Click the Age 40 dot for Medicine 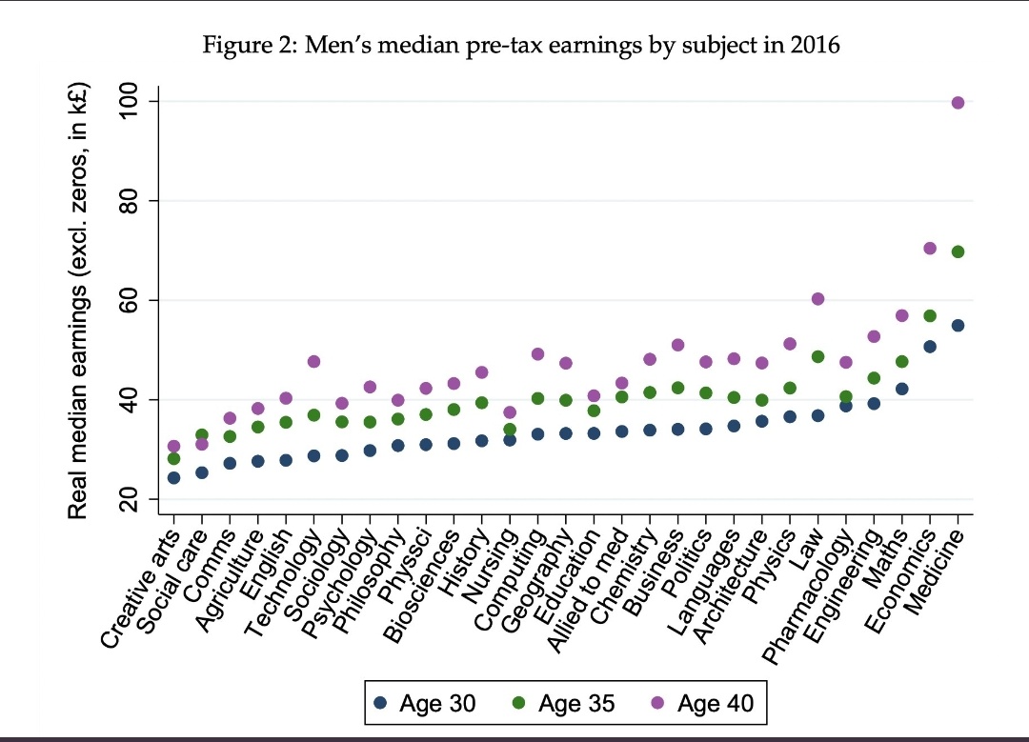[x=958, y=103]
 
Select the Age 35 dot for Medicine [x=958, y=251]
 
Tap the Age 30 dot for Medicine [x=958, y=325]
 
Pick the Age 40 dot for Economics [x=930, y=249]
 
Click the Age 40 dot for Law [x=817, y=299]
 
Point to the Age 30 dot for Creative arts [x=173, y=477]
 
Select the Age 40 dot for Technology [x=313, y=362]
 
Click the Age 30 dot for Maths [x=901, y=389]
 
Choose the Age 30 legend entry [x=424, y=704]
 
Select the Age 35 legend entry [x=563, y=704]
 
